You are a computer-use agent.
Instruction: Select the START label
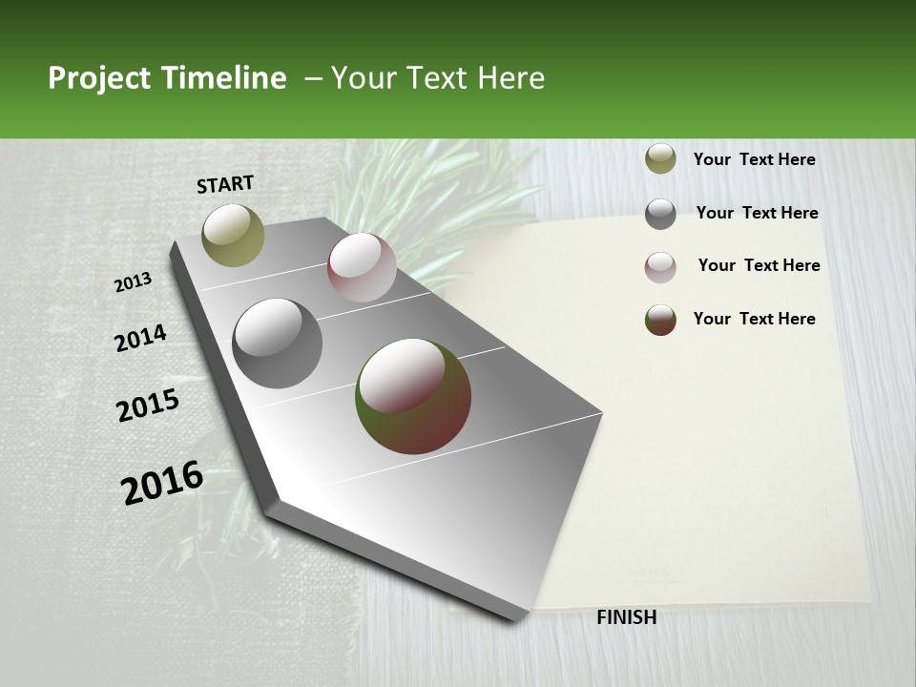click(x=225, y=184)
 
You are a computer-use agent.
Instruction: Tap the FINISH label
click(x=626, y=617)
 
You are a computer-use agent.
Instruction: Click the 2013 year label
click(x=133, y=282)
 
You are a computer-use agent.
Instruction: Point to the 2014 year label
click(x=140, y=339)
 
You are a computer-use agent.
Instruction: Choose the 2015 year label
click(x=148, y=406)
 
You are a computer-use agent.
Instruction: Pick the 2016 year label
click(x=162, y=482)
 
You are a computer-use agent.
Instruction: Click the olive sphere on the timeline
click(x=233, y=235)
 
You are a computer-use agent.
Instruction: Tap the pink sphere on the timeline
click(x=362, y=267)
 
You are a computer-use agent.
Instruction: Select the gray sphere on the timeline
click(x=278, y=343)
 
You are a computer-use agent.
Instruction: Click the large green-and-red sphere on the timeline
click(x=413, y=396)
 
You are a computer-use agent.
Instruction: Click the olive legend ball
click(x=660, y=159)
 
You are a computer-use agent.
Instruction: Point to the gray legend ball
click(x=660, y=214)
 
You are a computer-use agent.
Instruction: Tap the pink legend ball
click(x=660, y=267)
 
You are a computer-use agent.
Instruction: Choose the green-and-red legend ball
click(x=660, y=320)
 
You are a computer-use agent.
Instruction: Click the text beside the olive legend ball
click(x=754, y=159)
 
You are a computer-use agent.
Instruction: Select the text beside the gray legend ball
click(x=757, y=213)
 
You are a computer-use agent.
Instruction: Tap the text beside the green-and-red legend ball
click(x=754, y=319)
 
